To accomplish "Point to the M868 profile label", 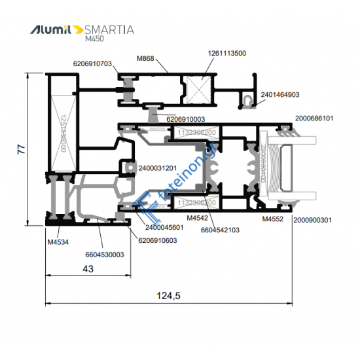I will tap(145, 60).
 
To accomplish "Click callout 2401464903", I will tap(279, 95).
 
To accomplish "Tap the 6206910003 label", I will tap(186, 119).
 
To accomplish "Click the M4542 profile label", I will tap(197, 218).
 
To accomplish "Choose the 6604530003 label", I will tap(105, 255).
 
